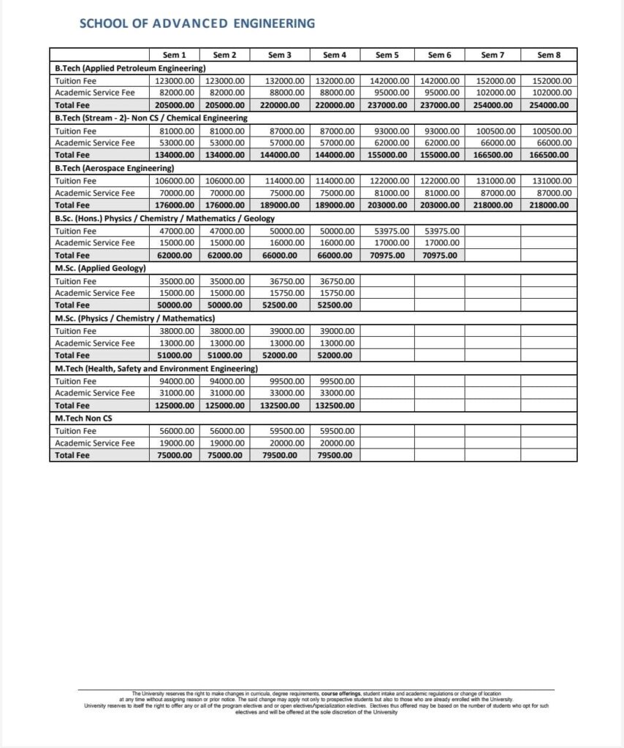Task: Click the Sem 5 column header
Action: coord(387,55)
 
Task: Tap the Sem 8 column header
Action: coord(549,55)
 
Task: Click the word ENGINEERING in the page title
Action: coord(274,23)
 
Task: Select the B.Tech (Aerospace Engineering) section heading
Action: coord(114,168)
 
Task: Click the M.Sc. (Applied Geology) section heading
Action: coord(101,268)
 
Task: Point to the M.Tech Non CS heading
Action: coord(83,418)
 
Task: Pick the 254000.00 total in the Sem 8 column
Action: coord(549,105)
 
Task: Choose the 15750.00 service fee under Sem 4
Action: coord(337,293)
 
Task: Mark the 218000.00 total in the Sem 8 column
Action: coord(549,205)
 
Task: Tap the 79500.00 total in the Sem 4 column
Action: coord(336,455)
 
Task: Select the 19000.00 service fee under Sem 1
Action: coord(177,443)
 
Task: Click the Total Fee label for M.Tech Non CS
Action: coord(72,455)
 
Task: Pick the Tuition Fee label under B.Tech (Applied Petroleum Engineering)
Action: coord(75,81)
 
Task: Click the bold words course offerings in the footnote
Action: coord(340,693)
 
